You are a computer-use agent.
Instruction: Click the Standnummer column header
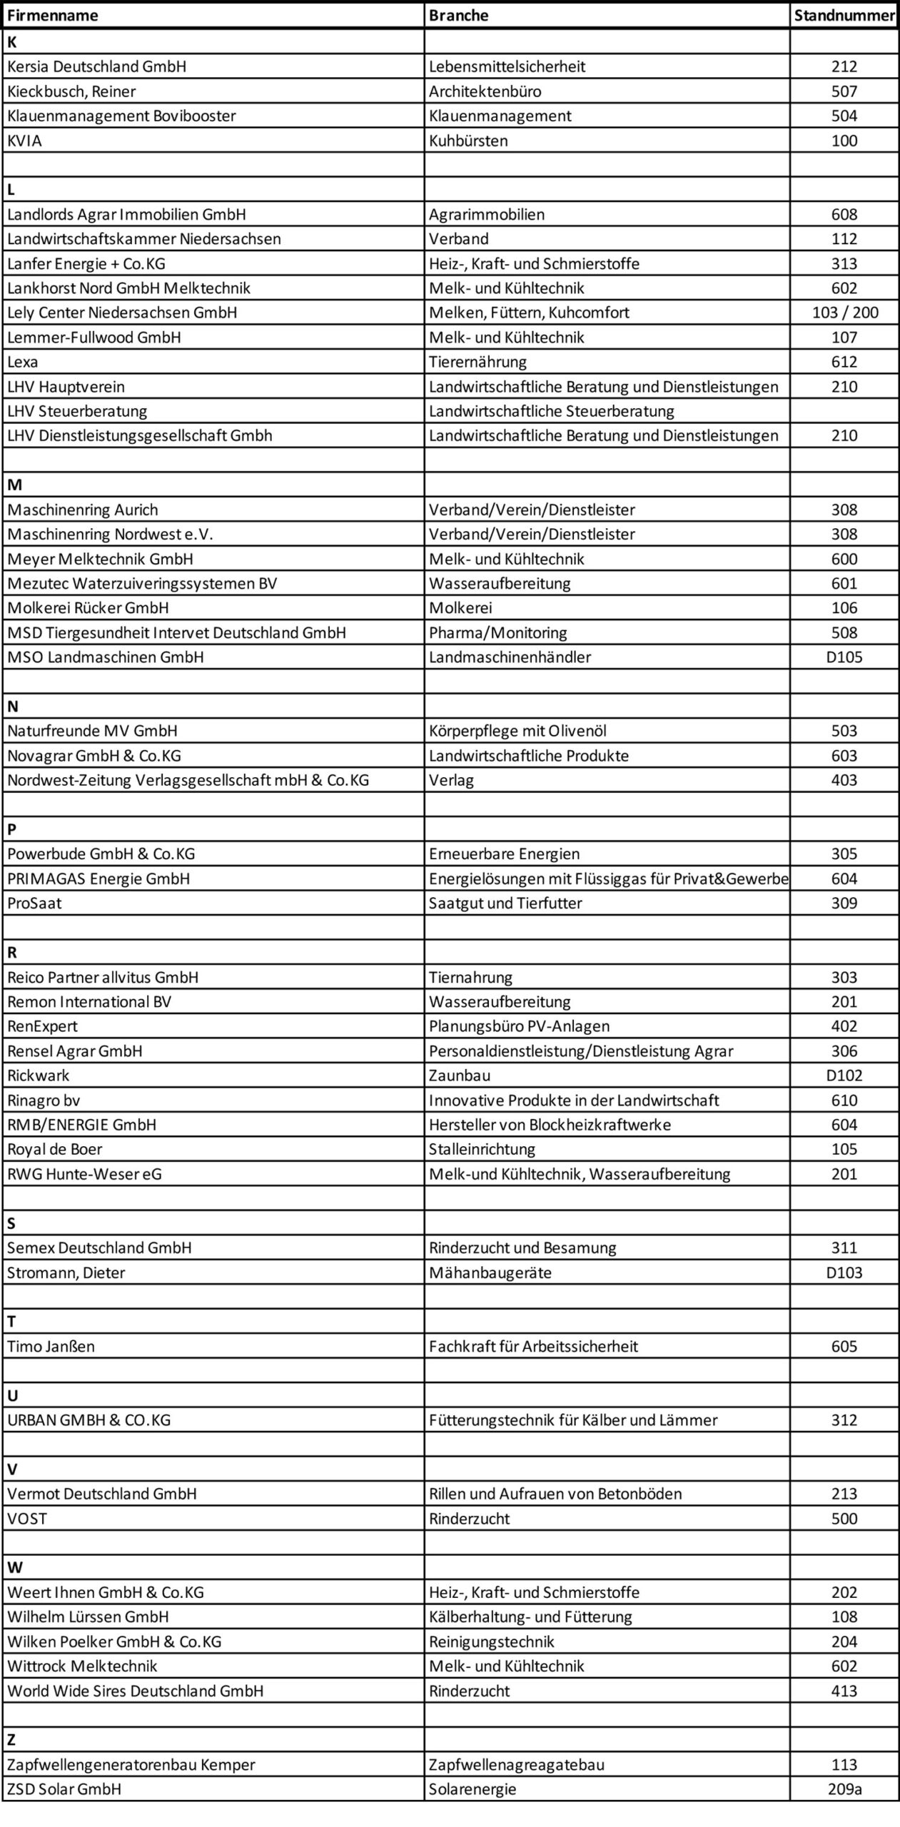pos(844,16)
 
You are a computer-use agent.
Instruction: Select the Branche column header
pos(459,16)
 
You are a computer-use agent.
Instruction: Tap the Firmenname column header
pos(53,16)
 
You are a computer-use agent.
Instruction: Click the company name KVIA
pos(25,141)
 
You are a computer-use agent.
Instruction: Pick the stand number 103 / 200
pos(845,313)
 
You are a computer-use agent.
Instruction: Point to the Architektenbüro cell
pos(485,91)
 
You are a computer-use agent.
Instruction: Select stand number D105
pos(844,657)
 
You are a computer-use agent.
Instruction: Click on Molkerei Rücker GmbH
pos(89,608)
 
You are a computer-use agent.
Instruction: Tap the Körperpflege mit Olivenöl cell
pos(517,731)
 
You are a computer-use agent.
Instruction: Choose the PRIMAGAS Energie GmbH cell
pos(98,879)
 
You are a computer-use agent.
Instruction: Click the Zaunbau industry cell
pos(460,1076)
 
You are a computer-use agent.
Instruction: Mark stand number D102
pos(844,1076)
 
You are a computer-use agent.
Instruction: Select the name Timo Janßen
pos(51,1347)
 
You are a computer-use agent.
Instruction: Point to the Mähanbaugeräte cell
pos(490,1272)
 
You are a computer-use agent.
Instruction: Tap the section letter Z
pos(11,1740)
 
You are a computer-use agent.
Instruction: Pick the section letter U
pos(12,1395)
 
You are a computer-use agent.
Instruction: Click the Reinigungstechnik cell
pos(492,1641)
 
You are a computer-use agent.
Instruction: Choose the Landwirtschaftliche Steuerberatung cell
pos(552,411)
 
